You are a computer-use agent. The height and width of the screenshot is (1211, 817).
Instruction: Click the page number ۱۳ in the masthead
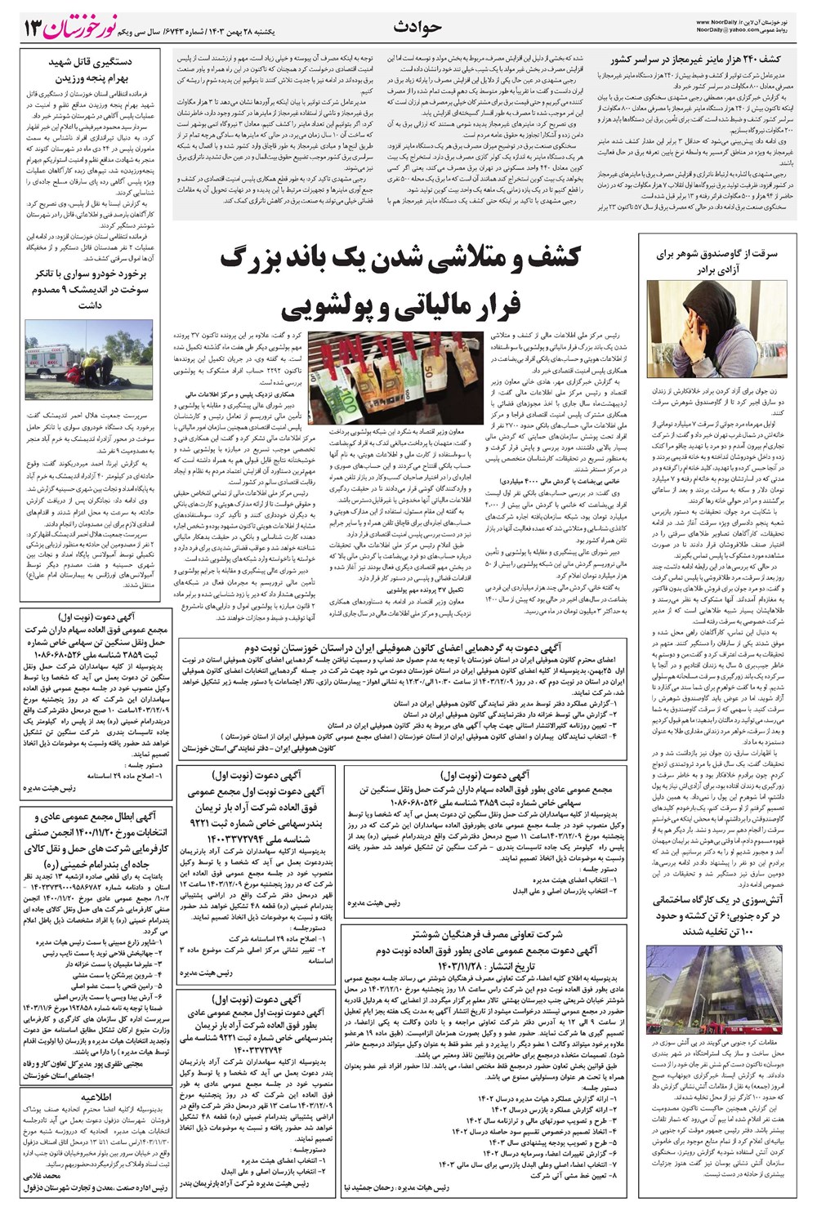tap(29, 27)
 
